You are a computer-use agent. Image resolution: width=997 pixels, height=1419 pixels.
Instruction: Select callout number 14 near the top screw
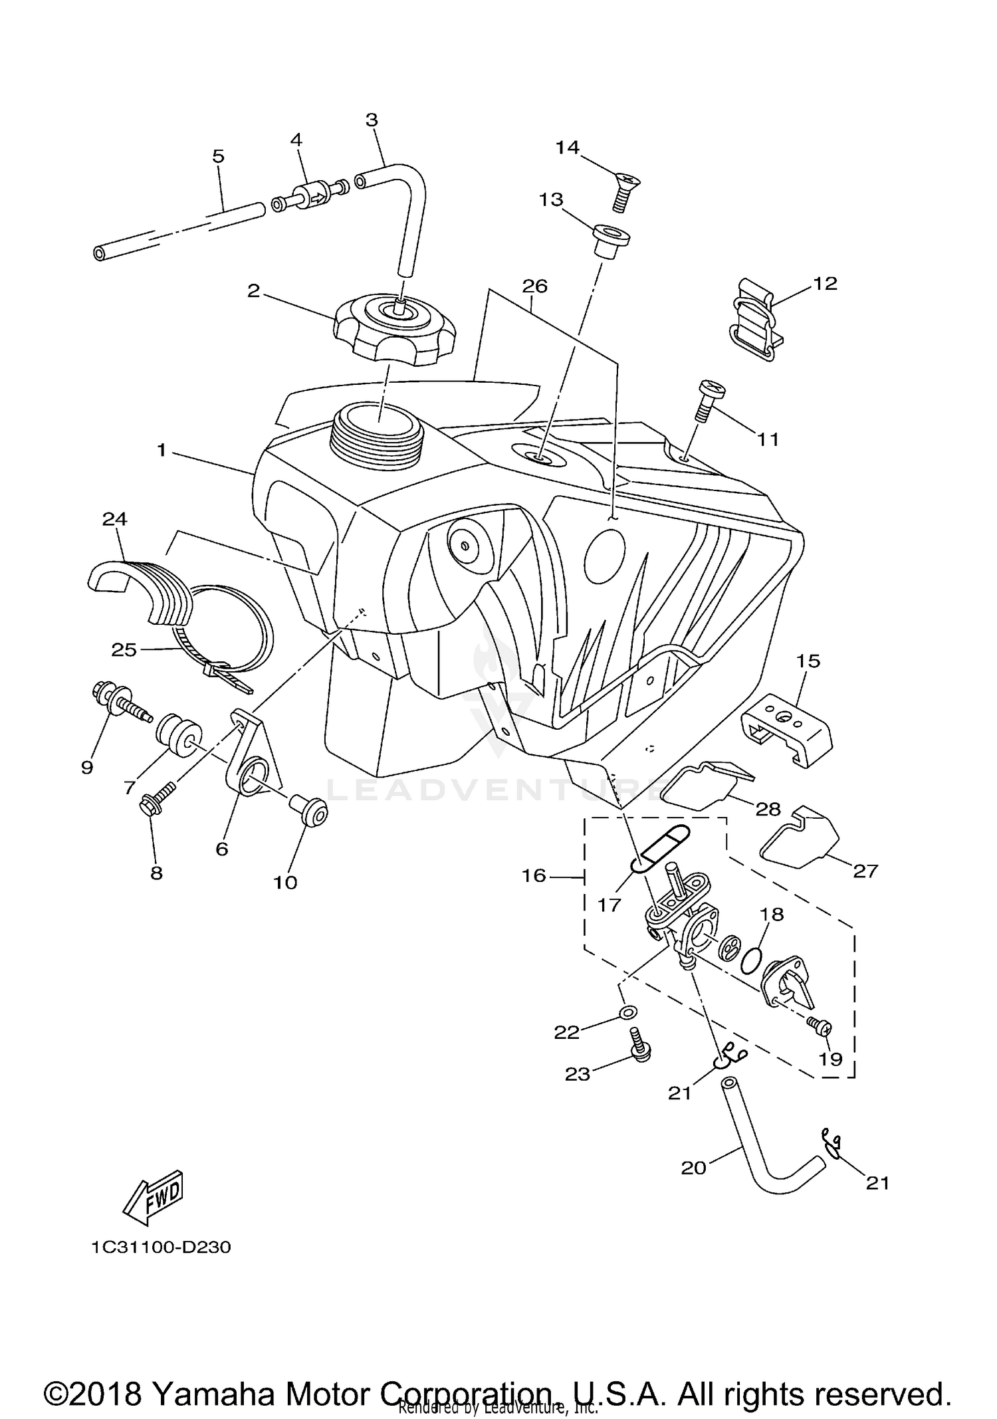[568, 148]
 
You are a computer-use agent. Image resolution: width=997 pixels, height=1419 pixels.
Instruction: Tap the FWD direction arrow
[154, 1197]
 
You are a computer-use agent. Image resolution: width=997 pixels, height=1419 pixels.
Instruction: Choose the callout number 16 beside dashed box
[534, 875]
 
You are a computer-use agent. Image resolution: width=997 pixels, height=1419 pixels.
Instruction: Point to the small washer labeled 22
[627, 1012]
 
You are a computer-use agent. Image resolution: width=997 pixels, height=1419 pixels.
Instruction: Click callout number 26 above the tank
[534, 286]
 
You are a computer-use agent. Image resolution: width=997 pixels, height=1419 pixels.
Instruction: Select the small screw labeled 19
[820, 1028]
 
